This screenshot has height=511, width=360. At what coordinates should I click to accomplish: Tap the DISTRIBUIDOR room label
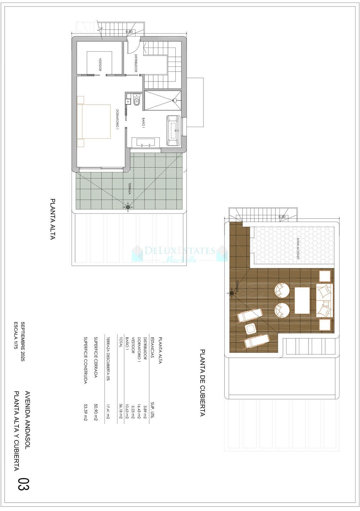[x=136, y=63]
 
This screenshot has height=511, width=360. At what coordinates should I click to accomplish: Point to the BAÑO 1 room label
[x=143, y=123]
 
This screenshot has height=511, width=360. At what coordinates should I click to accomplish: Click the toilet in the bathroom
[x=137, y=100]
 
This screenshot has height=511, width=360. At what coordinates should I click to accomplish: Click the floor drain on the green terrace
[x=128, y=208]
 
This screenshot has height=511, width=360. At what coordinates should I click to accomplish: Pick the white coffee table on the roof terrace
[x=302, y=301]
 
